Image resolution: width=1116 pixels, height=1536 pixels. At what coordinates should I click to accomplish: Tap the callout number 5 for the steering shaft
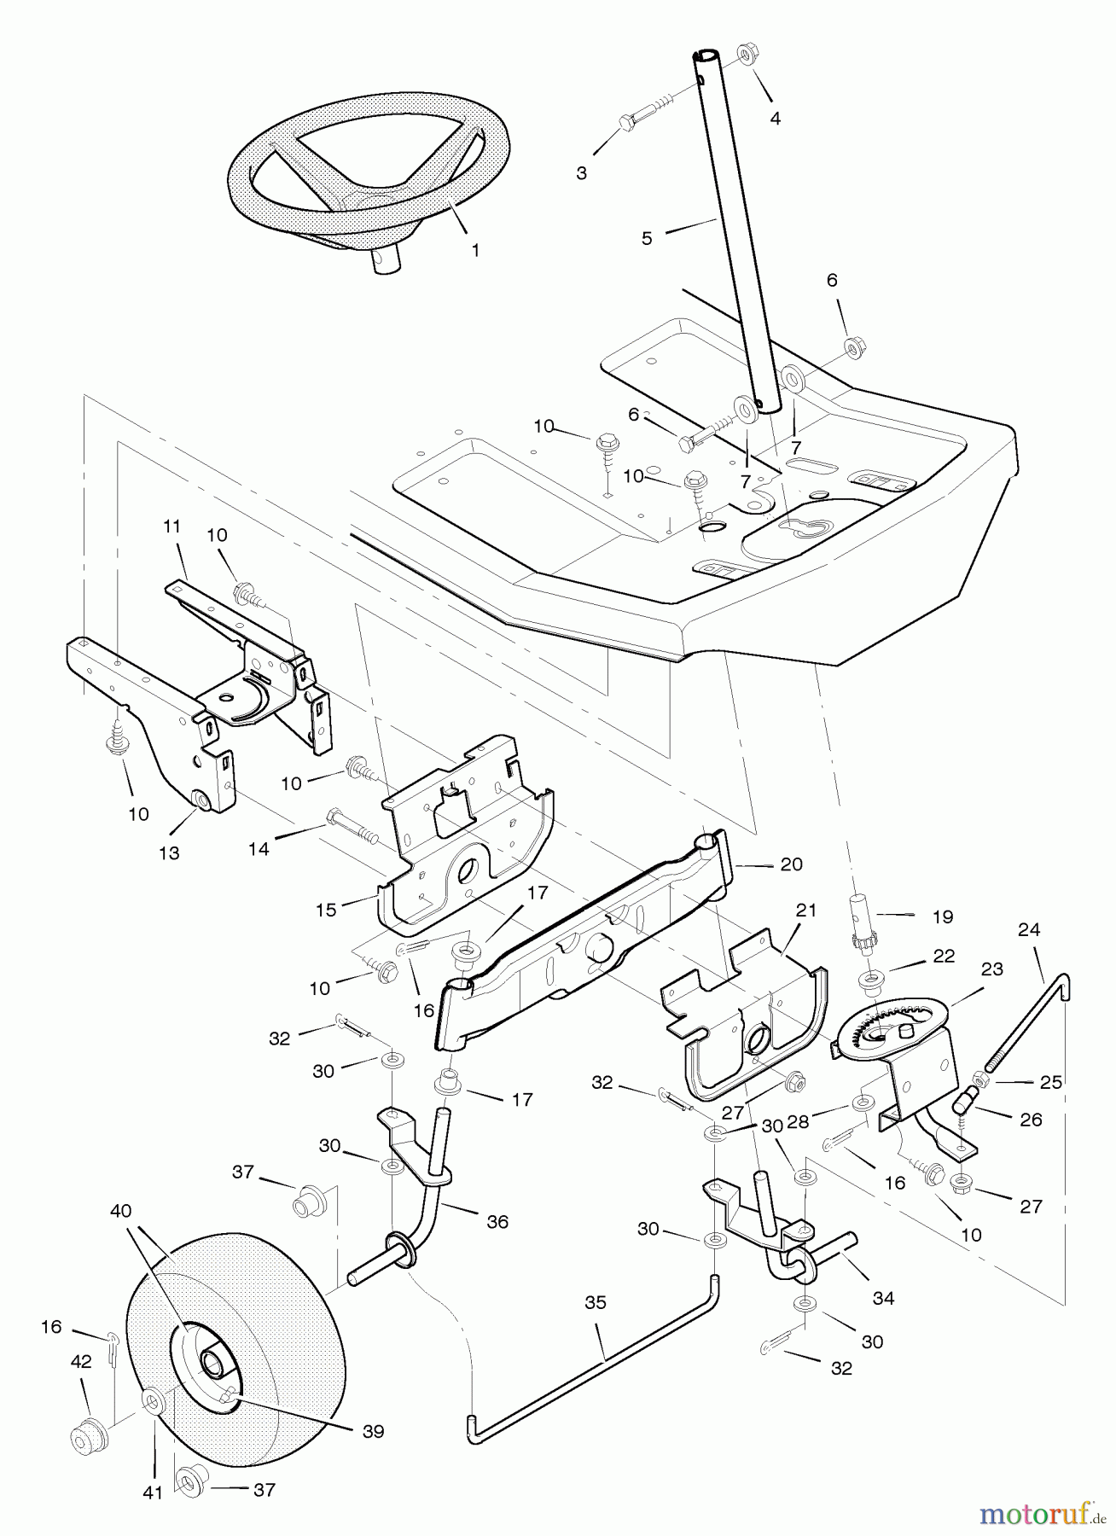point(647,238)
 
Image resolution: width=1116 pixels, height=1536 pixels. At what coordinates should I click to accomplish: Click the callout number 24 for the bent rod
point(1030,929)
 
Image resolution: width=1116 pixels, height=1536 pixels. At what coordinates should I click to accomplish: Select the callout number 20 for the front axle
point(792,864)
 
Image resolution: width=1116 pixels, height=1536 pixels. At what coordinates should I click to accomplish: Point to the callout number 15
point(327,911)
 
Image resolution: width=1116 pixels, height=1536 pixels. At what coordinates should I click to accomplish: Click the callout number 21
point(806,911)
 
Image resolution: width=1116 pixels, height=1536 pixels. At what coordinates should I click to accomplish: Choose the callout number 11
point(172,527)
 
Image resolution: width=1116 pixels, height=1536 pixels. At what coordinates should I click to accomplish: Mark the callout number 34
point(883,1298)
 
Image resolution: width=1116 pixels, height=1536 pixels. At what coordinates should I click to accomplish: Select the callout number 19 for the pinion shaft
point(942,916)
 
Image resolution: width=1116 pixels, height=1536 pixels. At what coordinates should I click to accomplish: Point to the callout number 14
point(259,848)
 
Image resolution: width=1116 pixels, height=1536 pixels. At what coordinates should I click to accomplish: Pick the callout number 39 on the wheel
point(373,1431)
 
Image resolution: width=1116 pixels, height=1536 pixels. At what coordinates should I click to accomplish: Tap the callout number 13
point(170,852)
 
